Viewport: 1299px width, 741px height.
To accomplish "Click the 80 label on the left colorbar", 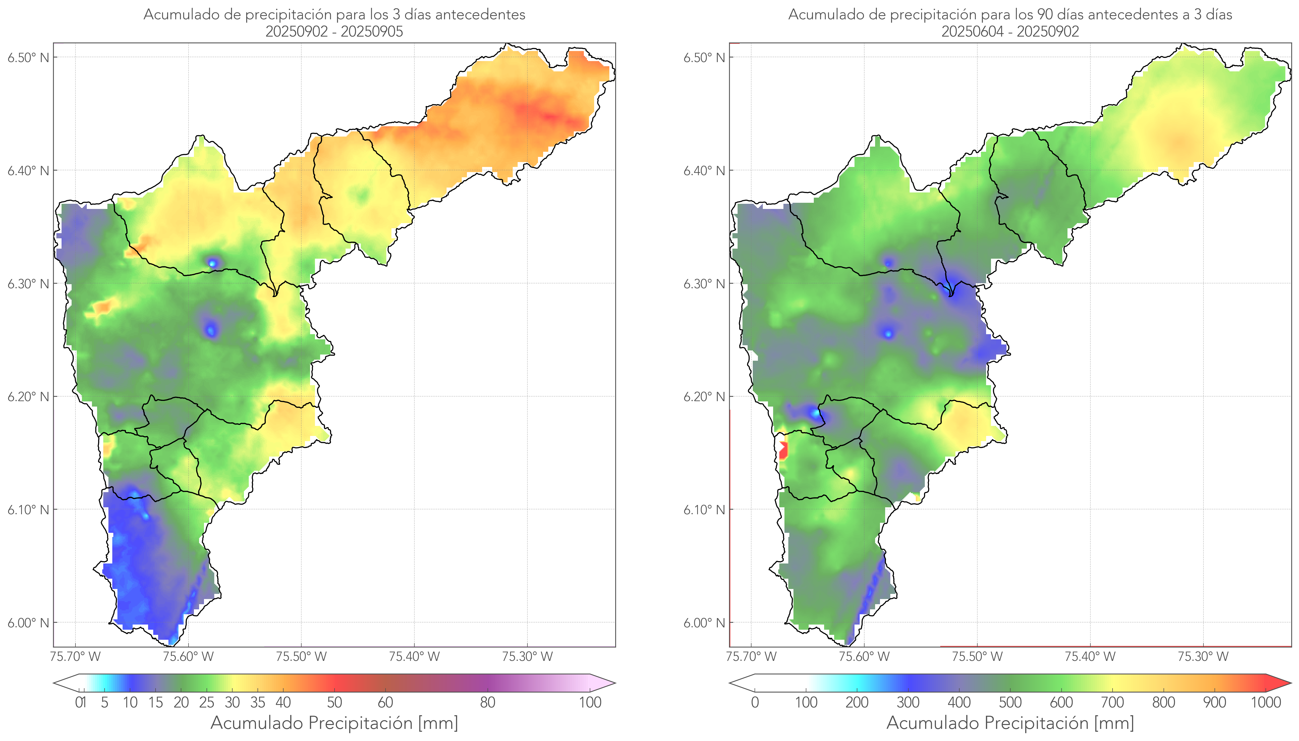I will coord(487,702).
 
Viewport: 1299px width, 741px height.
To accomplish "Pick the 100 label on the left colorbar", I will coord(590,702).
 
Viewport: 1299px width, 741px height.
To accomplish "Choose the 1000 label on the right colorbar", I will coord(1266,702).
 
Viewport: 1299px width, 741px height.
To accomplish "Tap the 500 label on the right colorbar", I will coord(1010,702).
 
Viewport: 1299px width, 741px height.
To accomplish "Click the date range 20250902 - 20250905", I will coord(334,31).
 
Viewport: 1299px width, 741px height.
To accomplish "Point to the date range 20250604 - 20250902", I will coord(1010,31).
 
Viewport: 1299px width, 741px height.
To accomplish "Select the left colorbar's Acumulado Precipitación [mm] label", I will coord(334,723).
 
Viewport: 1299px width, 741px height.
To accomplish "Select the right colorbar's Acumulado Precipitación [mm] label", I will coord(1010,723).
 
